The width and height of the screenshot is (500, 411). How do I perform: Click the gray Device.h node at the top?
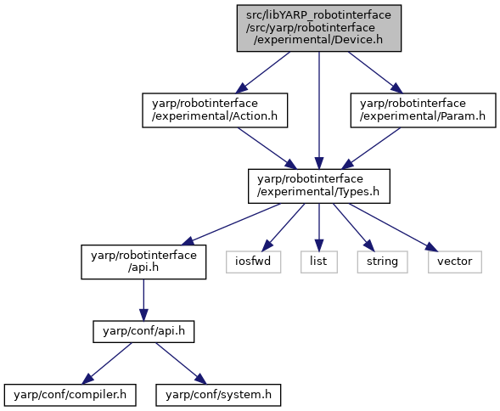tap(319, 28)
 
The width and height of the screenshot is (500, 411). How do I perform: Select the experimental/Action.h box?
tap(215, 110)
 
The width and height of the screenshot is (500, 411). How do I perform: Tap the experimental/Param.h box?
tap(423, 110)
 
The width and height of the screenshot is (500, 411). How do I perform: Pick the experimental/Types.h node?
tap(319, 186)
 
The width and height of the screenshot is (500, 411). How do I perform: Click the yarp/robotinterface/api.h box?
tap(143, 262)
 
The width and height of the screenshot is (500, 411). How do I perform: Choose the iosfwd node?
tap(254, 262)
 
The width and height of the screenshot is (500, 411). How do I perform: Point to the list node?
tap(319, 262)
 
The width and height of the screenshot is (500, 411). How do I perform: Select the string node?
tap(382, 262)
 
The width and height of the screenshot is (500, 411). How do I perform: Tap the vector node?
tap(455, 262)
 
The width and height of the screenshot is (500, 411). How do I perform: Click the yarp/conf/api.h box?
tap(143, 332)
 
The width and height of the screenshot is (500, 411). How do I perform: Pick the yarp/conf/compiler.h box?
tap(70, 396)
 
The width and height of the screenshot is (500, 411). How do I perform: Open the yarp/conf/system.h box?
tap(218, 396)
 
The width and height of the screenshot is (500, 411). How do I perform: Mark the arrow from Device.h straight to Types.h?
tap(319, 110)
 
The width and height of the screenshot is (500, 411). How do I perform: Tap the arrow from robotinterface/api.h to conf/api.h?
tap(143, 300)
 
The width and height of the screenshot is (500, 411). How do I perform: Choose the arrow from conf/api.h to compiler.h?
tap(107, 363)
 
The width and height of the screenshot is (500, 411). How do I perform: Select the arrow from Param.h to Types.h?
tap(371, 149)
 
